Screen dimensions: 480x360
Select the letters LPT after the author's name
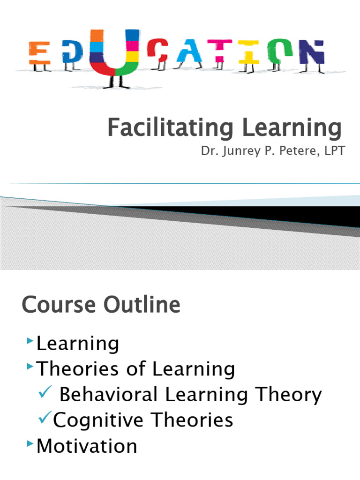tap(332, 152)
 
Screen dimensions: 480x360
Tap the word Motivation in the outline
tap(87, 445)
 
